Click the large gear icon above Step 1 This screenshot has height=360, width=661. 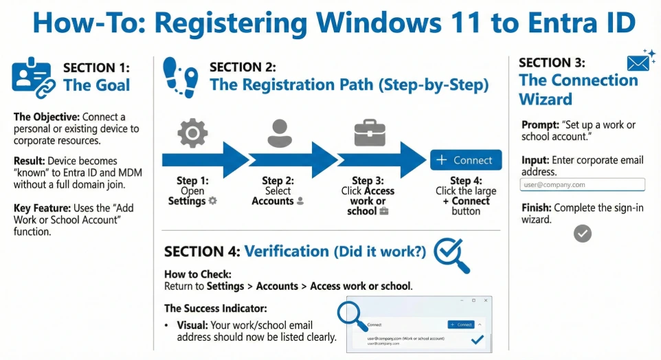tap(192, 133)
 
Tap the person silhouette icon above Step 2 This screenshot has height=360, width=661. tap(280, 133)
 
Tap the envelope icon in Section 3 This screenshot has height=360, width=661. tap(639, 62)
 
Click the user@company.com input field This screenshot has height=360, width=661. tap(583, 184)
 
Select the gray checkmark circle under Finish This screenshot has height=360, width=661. tap(582, 234)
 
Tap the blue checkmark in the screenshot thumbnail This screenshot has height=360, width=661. tap(476, 339)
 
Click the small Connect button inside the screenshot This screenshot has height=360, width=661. tap(460, 324)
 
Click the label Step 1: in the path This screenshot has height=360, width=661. tap(192, 181)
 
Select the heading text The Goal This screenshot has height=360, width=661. tap(96, 85)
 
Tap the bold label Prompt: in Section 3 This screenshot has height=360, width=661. tap(540, 125)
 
